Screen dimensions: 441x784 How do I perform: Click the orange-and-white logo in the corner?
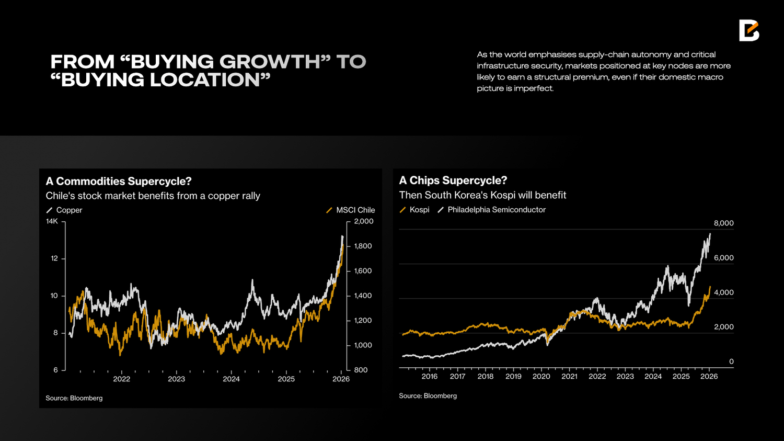click(748, 30)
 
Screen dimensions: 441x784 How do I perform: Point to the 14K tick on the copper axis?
click(52, 221)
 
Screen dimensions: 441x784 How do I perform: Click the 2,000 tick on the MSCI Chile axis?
click(364, 221)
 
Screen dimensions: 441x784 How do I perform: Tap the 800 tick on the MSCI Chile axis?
click(361, 370)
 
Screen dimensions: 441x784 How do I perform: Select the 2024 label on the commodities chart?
click(231, 379)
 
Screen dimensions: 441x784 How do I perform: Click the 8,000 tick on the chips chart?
click(723, 223)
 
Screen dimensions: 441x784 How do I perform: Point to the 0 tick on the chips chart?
click(731, 361)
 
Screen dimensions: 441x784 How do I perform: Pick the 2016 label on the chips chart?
click(429, 376)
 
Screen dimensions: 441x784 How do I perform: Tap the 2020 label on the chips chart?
click(541, 376)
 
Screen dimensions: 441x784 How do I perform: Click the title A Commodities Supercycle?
click(119, 181)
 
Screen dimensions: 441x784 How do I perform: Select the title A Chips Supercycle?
click(453, 180)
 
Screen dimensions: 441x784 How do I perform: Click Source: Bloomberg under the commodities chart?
click(74, 398)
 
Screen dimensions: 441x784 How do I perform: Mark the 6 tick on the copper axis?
click(55, 370)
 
